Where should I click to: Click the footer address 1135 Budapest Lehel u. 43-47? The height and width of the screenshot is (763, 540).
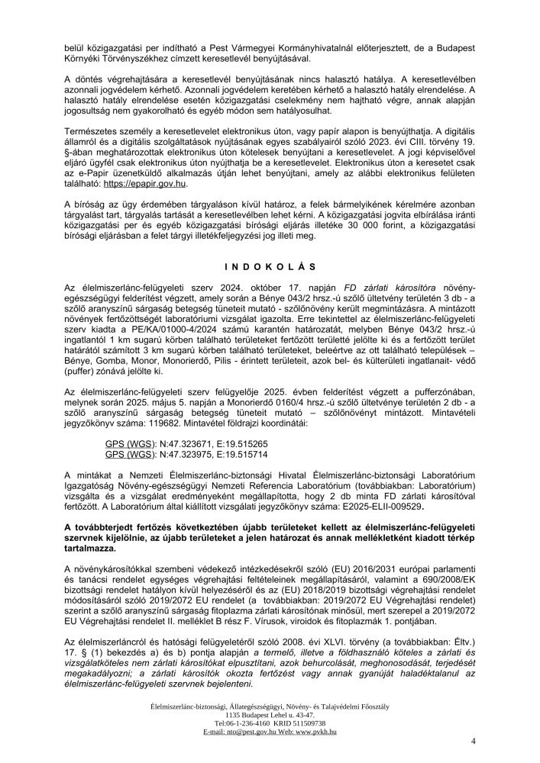coord(270,715)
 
